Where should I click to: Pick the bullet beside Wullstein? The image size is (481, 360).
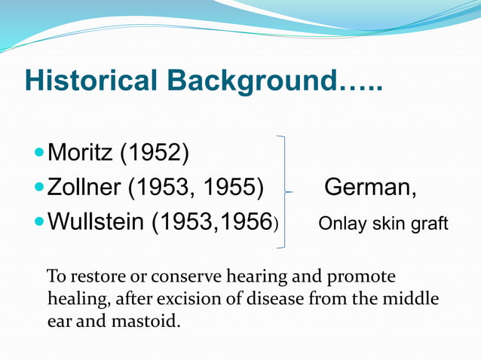point(40,222)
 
